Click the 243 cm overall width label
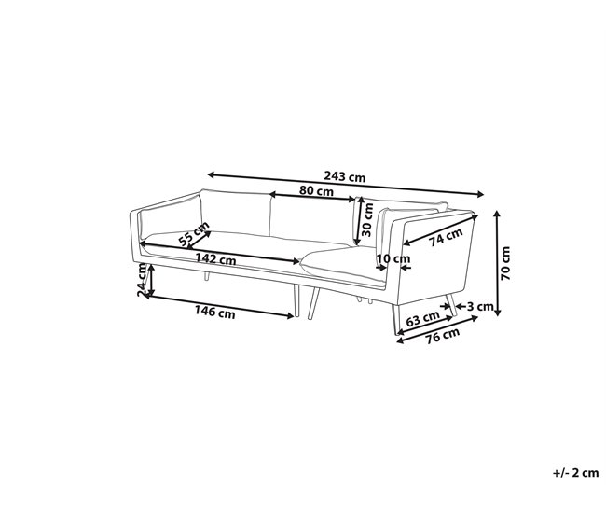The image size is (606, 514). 344,177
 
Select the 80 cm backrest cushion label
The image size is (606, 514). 316,190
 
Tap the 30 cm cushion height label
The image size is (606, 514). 367,219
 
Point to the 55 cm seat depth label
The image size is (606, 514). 194,234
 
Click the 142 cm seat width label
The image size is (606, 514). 215,258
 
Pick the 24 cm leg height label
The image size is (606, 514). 143,280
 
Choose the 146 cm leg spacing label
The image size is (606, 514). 214,312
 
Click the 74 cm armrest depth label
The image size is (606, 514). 446,237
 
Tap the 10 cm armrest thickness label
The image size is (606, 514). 393,258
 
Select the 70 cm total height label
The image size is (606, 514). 505,263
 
